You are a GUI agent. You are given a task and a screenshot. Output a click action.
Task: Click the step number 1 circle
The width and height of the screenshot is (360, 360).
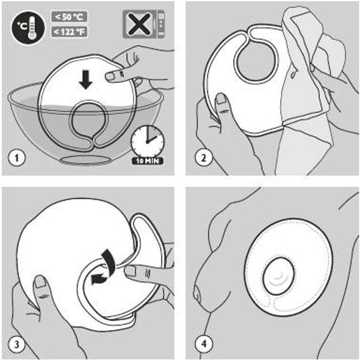coord(16,158)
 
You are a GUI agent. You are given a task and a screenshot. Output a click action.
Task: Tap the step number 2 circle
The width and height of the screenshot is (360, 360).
coord(203,158)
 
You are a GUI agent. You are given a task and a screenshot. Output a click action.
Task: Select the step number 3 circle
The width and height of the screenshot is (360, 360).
coord(16,344)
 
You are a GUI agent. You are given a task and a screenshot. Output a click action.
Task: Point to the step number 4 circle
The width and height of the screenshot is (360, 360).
coord(203,344)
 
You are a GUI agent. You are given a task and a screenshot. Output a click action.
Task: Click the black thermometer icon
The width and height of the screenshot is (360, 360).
coord(28,28)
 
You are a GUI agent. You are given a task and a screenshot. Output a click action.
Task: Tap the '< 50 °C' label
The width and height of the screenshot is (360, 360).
coord(69,16)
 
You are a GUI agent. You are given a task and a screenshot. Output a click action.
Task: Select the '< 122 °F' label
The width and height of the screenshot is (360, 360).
coord(69,32)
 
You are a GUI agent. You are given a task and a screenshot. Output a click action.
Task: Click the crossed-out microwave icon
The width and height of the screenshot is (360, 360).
coord(144,24)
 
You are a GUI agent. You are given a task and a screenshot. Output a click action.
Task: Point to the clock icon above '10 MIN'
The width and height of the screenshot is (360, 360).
coord(148,142)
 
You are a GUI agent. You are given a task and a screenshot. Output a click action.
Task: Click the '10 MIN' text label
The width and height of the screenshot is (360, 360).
coord(148,160)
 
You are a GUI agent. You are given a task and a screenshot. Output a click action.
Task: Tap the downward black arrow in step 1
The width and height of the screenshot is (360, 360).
coord(85,80)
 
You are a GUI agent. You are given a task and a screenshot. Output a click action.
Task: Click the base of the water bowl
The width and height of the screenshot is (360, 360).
coord(85,160)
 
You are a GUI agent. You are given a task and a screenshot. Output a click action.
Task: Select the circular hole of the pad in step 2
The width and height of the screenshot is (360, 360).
coord(254,62)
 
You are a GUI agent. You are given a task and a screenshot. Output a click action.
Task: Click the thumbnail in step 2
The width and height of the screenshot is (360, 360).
coord(221,99)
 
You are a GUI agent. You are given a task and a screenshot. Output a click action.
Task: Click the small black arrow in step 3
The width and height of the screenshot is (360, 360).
coord(99,279)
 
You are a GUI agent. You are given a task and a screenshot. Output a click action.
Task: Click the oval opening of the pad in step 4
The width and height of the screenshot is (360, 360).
coord(279,276)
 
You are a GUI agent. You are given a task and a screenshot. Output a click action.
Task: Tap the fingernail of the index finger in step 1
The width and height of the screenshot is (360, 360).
coord(110,76)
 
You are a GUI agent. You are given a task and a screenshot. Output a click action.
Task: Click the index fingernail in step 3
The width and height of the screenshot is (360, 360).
coord(131,271)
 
